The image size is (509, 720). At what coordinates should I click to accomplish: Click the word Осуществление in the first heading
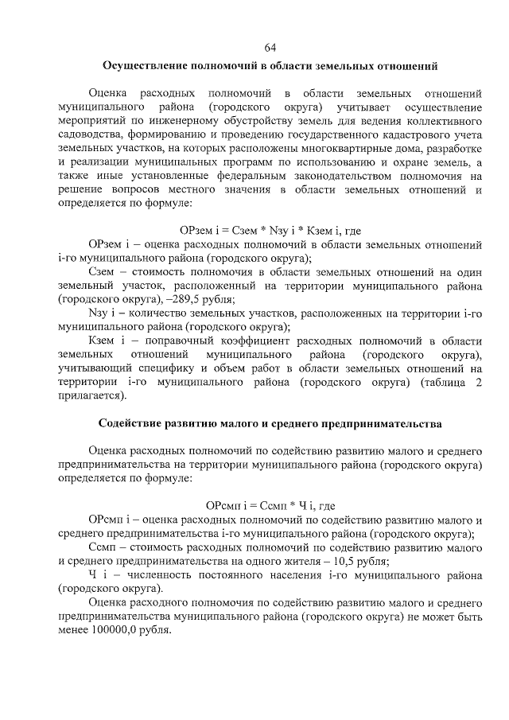coord(146,66)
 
